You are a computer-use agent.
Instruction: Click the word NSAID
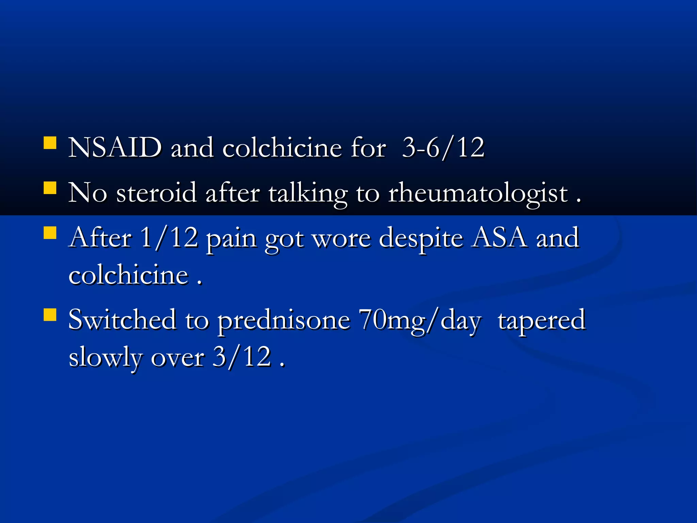click(115, 148)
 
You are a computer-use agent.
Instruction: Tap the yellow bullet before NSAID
click(50, 143)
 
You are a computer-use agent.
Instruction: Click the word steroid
click(157, 193)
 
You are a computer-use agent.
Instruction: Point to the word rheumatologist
click(478, 193)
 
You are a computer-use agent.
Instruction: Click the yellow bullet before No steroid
click(50, 188)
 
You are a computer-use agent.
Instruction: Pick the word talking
click(308, 193)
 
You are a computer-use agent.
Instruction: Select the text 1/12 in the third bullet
click(169, 237)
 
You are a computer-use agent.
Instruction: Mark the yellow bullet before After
click(50, 233)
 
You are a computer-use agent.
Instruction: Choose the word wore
click(341, 238)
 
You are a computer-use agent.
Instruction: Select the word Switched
click(122, 320)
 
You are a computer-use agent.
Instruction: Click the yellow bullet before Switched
click(50, 315)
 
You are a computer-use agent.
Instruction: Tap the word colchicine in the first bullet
click(282, 148)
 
